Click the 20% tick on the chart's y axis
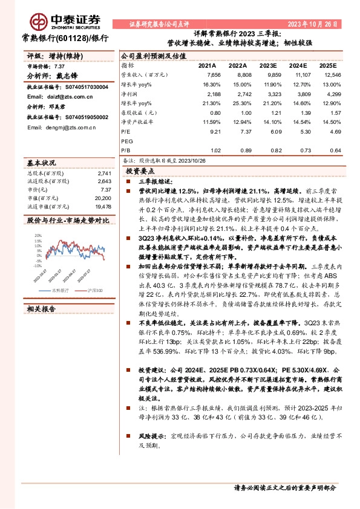coord(38,236)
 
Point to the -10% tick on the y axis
coord(37,265)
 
